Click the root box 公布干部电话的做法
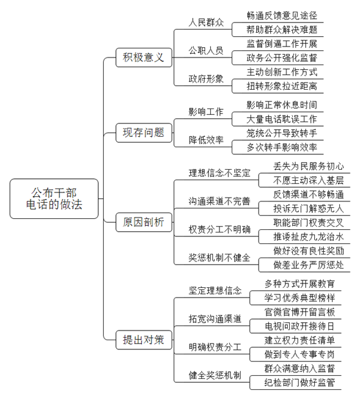pos(54,198)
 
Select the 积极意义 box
pos(144,57)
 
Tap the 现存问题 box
pos(144,133)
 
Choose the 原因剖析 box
pos(144,222)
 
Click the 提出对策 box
pos(144,340)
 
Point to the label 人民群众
pos(206,23)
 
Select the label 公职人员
pos(206,50)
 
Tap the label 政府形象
pos(206,79)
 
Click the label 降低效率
pos(206,140)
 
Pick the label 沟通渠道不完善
pos(219,201)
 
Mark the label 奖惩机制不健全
pos(219,258)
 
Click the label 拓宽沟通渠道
pos(215,319)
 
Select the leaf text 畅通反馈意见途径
pos(282,15)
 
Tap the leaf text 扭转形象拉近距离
pos(282,87)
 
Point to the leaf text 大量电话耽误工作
pos(282,119)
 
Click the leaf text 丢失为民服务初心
pos(308,167)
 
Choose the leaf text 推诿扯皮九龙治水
pos(308,237)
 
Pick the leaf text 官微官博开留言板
pos(300,312)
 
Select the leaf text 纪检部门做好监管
pos(300,382)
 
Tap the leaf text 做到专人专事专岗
pos(300,354)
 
